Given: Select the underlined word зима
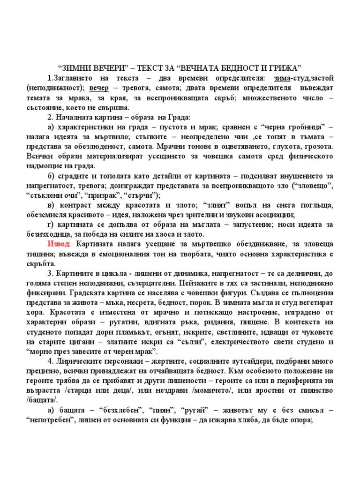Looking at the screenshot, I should tap(282, 77).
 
